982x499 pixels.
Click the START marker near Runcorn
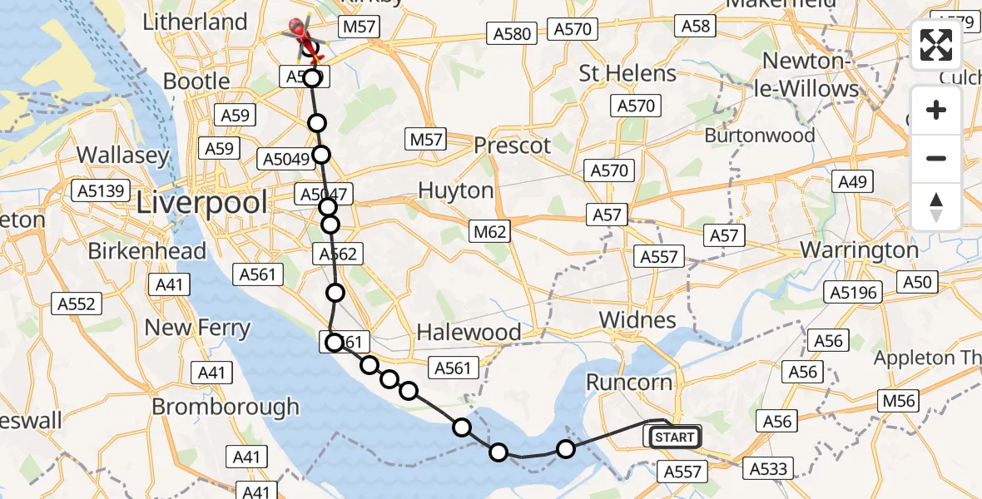[673, 437]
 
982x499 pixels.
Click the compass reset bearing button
[936, 206]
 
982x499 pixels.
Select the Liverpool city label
[203, 203]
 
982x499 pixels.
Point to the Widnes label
[637, 320]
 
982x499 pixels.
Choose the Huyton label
[455, 190]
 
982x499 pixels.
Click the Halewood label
[469, 333]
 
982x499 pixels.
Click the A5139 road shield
[102, 191]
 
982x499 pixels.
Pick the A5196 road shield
[851, 292]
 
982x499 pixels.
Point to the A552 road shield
[76, 304]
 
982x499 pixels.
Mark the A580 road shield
[511, 33]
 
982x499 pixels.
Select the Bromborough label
[226, 406]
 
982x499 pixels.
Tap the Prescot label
[512, 146]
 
